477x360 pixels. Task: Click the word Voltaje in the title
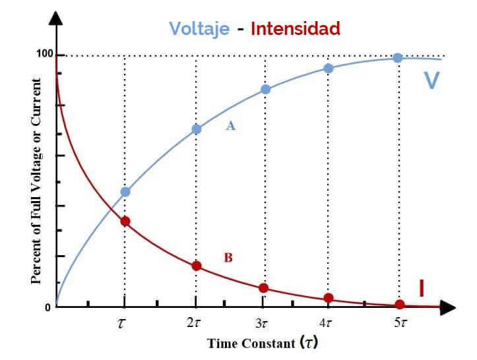[x=199, y=28]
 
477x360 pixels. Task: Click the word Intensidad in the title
[x=296, y=28]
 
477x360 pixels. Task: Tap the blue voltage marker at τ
[x=125, y=192]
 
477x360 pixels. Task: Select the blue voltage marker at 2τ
[x=196, y=129]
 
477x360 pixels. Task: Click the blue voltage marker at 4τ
[x=329, y=68]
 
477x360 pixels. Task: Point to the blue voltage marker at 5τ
[x=398, y=58]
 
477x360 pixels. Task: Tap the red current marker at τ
[x=125, y=221]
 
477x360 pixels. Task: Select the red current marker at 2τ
[x=196, y=266]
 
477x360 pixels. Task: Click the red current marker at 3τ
[x=263, y=288]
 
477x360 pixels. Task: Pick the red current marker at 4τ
[x=329, y=298]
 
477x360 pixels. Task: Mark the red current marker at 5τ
[x=400, y=305]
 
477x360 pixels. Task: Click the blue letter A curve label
[x=231, y=125]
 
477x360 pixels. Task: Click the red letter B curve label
[x=228, y=258]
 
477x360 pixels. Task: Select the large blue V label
[x=431, y=80]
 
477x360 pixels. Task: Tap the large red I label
[x=421, y=288]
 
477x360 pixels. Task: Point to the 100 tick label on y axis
[x=44, y=54]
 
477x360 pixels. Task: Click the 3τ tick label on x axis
[x=262, y=324]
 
